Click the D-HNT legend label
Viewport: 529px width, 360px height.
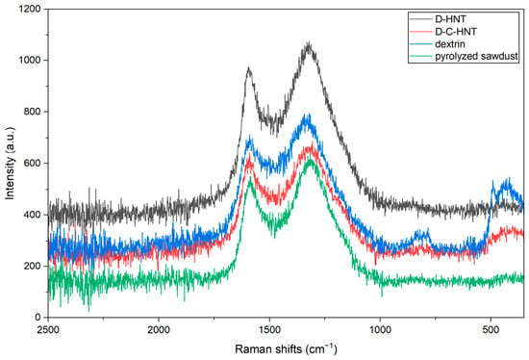[x=450, y=19]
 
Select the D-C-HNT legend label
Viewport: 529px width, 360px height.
[x=456, y=32]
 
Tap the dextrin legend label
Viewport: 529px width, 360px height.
[x=450, y=44]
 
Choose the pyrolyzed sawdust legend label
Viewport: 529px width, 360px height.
[x=476, y=57]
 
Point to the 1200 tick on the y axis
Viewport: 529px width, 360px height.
[x=31, y=9]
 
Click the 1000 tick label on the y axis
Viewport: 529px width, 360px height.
[x=31, y=60]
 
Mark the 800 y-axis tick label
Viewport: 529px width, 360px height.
[x=34, y=112]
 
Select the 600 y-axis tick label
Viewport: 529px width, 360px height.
[x=34, y=163]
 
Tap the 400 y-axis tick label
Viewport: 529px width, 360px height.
[x=34, y=215]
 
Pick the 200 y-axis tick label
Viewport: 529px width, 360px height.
[x=34, y=266]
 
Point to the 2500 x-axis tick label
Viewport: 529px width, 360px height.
[x=49, y=329]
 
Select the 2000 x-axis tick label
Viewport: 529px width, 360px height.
[x=159, y=329]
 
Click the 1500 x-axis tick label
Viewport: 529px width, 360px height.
[x=269, y=329]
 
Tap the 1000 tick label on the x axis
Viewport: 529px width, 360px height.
[x=380, y=329]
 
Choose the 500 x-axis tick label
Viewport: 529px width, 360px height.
[x=491, y=329]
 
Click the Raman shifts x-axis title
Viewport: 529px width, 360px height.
[x=286, y=348]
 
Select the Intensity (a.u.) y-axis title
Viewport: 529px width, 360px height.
[x=11, y=163]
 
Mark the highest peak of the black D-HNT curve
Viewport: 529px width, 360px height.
[x=309, y=42]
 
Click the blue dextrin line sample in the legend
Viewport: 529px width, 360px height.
[x=420, y=44]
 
